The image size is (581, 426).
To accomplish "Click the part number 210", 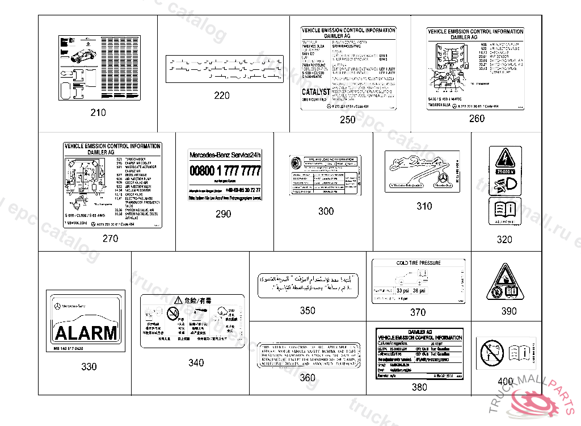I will pyautogui.click(x=98, y=112).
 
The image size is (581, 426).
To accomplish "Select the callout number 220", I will pyautogui.click(x=222, y=95).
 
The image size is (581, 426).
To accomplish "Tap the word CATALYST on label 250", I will pyautogui.click(x=316, y=91).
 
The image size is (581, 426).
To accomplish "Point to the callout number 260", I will pyautogui.click(x=477, y=119).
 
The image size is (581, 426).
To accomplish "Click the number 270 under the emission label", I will pyautogui.click(x=110, y=239).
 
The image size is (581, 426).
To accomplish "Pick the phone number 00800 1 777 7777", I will pyautogui.click(x=225, y=171).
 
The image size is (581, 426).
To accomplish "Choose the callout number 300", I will pyautogui.click(x=326, y=211).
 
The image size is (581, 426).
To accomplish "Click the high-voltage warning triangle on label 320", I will pyautogui.click(x=504, y=158).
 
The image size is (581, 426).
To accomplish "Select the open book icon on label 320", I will pyautogui.click(x=504, y=209).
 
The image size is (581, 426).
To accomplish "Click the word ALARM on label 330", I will pyautogui.click(x=86, y=332).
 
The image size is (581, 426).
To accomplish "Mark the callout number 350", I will pyautogui.click(x=308, y=311).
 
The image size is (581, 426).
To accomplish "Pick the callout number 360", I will pyautogui.click(x=308, y=378).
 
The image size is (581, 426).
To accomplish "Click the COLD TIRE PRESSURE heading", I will pyautogui.click(x=418, y=263).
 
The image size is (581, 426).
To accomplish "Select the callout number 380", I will pyautogui.click(x=419, y=387).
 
